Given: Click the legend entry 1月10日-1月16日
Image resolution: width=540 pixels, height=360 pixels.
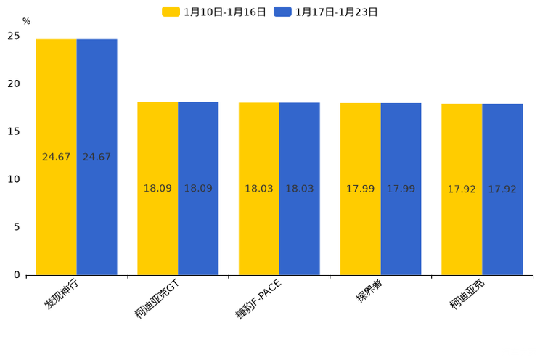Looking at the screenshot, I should point(214,12).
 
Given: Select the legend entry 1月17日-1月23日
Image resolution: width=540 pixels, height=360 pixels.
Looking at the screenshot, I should point(326,12).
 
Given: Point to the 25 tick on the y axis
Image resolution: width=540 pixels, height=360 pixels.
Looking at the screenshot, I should point(14,36).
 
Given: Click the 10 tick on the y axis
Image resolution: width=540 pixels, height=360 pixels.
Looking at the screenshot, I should point(14,179).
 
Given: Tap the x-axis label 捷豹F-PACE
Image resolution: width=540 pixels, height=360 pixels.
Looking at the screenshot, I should point(258,298).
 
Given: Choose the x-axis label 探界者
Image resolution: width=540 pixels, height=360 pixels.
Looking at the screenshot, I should point(369,291).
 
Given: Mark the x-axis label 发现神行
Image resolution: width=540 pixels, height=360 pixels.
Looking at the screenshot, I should point(62,294).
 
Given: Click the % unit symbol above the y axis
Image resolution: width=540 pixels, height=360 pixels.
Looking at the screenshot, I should point(26,21).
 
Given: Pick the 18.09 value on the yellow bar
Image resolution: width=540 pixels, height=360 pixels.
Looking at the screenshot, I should point(157,189).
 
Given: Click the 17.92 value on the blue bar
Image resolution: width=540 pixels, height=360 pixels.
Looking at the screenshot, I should point(502,189).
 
